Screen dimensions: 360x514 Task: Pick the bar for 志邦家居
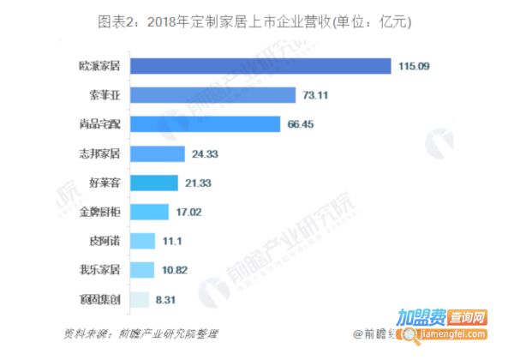pos(158,154)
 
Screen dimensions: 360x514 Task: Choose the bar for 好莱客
pos(155,183)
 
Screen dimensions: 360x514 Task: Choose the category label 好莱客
pos(104,183)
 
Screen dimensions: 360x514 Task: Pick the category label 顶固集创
pos(99,300)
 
